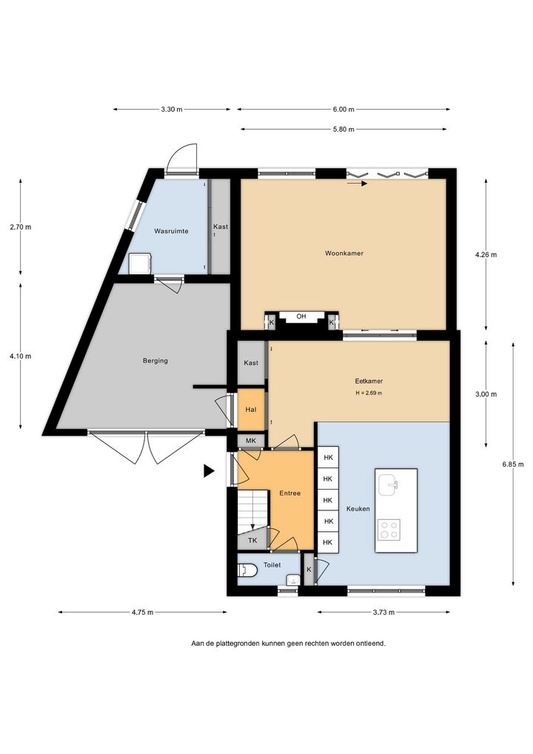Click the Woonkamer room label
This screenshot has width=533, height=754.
[343, 253]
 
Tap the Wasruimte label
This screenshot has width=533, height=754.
[171, 231]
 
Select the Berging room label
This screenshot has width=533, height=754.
[155, 361]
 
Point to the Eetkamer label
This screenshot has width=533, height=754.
[369, 381]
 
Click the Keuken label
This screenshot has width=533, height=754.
[358, 509]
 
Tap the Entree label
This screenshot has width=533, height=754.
[289, 493]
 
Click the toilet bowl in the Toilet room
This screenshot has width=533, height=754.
[248, 570]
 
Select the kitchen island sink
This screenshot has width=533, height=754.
[388, 484]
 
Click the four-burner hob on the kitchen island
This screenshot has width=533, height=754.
[389, 530]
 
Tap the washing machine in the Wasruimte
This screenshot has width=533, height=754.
[141, 264]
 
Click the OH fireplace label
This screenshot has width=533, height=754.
[301, 316]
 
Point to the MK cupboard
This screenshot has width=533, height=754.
[251, 441]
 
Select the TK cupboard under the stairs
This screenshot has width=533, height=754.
[252, 541]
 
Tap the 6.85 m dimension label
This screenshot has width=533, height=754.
[513, 464]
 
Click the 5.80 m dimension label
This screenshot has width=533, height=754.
[343, 129]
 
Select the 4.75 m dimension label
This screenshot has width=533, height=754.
[142, 612]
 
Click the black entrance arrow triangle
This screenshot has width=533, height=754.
[209, 471]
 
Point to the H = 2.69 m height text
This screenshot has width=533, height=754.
[369, 393]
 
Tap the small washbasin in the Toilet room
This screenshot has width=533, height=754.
[292, 579]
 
